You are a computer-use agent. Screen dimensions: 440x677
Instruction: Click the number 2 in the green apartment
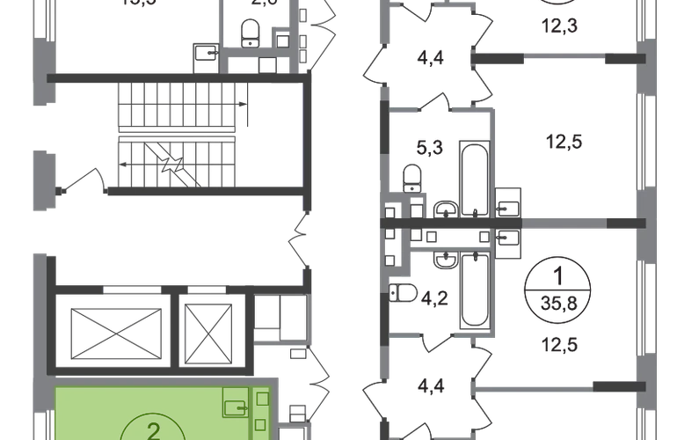[156, 430]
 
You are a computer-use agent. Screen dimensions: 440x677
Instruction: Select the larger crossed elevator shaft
[111, 334]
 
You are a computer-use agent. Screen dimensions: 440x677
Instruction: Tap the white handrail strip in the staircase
[178, 135]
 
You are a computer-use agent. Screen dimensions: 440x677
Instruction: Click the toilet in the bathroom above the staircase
[252, 33]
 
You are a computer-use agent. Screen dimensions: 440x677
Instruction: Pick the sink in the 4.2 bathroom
[445, 258]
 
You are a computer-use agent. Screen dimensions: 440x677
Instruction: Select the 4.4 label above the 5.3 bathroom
[428, 62]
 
